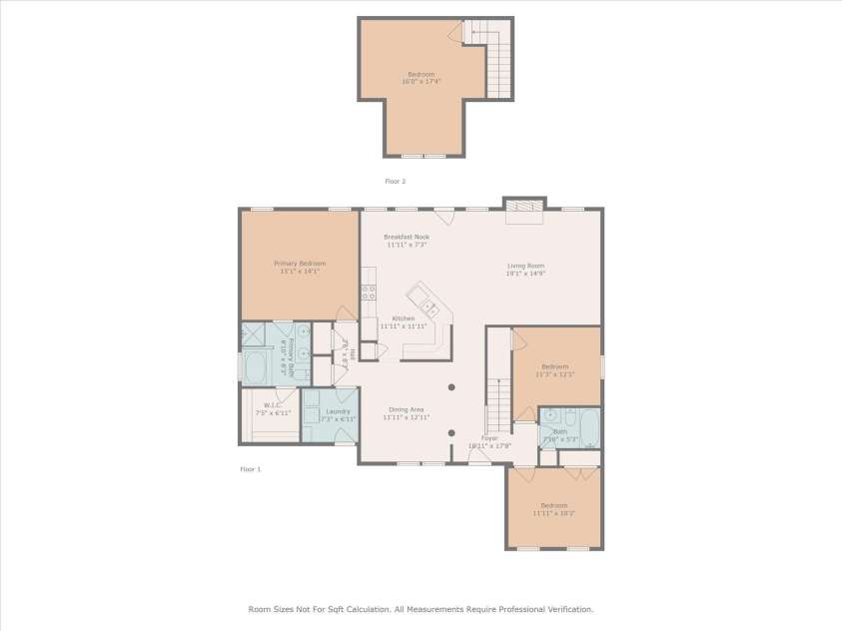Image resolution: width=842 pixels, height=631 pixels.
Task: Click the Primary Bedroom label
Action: tap(300, 264)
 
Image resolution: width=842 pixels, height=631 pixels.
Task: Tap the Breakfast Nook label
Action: tap(407, 237)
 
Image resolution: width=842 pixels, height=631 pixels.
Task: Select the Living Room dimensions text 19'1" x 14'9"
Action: tap(525, 273)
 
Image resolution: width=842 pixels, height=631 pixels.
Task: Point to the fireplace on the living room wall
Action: tap(524, 205)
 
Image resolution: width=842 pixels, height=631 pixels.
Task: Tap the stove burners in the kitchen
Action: tap(368, 292)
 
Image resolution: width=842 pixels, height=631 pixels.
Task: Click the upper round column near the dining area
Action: tap(451, 387)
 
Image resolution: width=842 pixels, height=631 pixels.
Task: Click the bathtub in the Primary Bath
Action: tap(256, 367)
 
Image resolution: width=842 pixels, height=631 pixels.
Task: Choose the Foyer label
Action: tap(489, 437)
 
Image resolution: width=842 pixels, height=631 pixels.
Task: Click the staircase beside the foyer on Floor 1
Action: tap(497, 399)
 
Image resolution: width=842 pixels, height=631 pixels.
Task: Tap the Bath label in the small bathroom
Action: tap(559, 431)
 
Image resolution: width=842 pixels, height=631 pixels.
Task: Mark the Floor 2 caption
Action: tap(396, 182)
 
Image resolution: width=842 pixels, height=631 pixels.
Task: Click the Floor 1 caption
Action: tap(250, 468)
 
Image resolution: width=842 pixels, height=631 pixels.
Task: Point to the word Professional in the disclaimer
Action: tap(519, 609)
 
